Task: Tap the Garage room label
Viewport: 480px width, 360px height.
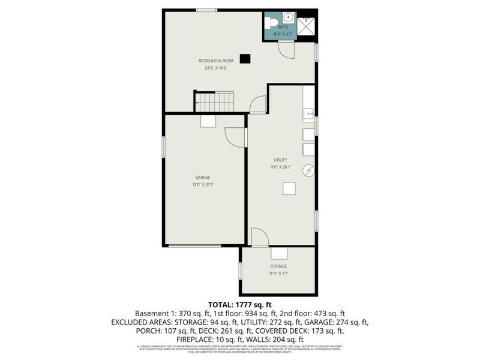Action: click(x=203, y=178)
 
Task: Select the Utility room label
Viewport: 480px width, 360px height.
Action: click(x=281, y=160)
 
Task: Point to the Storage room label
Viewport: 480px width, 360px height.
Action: click(x=278, y=266)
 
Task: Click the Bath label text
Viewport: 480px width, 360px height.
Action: click(x=283, y=27)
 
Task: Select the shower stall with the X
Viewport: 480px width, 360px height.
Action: click(x=307, y=25)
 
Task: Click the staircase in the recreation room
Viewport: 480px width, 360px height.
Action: click(x=214, y=101)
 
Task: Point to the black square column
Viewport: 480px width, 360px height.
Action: click(x=245, y=58)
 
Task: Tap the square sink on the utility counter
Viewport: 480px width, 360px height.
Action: click(x=308, y=113)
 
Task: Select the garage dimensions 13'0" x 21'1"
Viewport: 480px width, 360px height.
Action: click(x=203, y=184)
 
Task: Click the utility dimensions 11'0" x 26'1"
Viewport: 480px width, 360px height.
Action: click(x=281, y=167)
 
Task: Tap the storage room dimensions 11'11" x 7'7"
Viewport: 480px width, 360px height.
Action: click(x=278, y=273)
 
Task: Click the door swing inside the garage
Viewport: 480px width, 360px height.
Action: click(x=235, y=137)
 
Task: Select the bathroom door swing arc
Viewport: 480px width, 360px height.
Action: click(x=286, y=50)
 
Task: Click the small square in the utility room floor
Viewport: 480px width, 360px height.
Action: click(x=290, y=188)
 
